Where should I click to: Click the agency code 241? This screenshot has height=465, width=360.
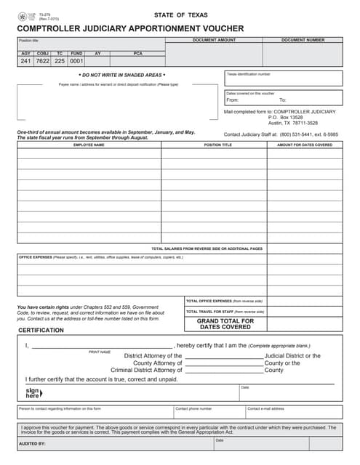(26, 61)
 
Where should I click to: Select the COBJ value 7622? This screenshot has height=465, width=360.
(43, 61)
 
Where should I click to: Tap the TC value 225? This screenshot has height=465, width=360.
(60, 61)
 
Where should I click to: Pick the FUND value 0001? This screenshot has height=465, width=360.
(76, 61)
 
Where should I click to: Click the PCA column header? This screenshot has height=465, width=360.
(138, 53)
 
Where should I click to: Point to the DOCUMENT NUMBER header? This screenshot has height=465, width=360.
(303, 40)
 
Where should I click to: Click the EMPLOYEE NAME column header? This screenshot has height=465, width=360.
(89, 145)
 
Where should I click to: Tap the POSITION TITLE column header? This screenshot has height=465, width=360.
(217, 145)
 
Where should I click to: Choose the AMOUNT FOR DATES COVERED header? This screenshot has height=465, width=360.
(305, 145)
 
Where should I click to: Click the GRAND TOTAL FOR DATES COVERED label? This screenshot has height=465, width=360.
(225, 323)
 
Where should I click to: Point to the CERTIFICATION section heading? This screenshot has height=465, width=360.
(41, 331)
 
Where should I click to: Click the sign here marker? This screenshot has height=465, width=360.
(33, 393)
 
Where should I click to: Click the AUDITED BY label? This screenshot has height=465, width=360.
(32, 442)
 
